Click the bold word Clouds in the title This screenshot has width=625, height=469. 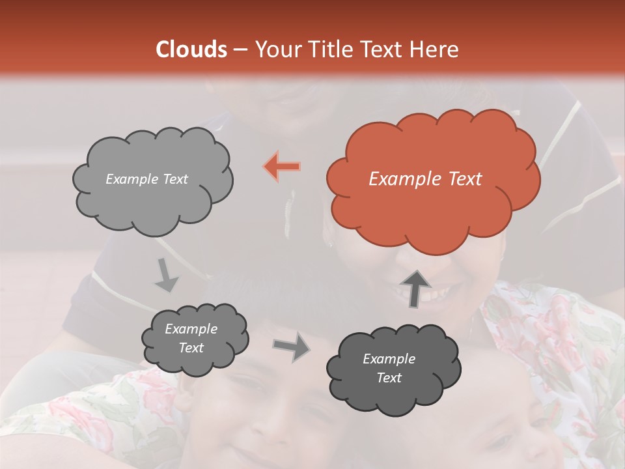191,50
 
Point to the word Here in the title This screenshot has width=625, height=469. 435,50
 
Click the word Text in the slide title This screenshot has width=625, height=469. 381,50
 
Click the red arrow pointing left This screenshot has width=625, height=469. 282,167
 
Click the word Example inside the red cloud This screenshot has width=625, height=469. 405,179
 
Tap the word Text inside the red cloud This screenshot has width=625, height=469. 464,179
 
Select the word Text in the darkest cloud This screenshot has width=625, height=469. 389,378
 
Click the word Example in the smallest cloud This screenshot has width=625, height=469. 191,329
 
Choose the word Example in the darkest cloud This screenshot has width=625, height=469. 389,359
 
